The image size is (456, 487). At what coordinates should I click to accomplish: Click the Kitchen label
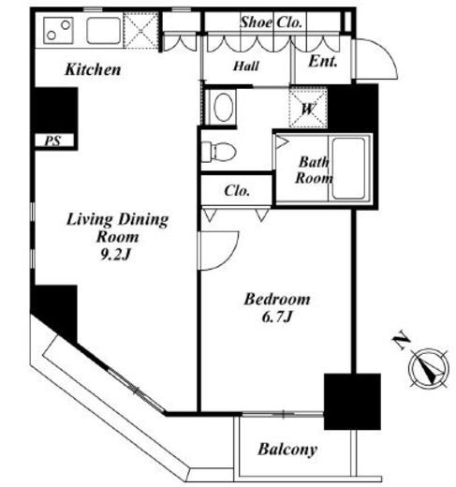[93, 69]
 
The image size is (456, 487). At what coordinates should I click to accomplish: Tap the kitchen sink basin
[104, 30]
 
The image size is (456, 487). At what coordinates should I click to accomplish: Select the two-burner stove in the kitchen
[58, 30]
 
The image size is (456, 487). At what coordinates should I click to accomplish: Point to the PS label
[52, 140]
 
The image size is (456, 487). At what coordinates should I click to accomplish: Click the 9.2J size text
[114, 255]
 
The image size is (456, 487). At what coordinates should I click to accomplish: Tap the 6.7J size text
[277, 317]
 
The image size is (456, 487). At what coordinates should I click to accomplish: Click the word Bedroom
[277, 299]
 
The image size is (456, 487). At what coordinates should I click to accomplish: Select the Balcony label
[287, 450]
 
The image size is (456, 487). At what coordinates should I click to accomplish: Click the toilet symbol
[218, 152]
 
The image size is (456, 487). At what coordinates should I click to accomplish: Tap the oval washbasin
[224, 107]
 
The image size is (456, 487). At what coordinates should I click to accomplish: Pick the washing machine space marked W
[308, 109]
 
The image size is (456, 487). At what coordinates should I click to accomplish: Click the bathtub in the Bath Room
[348, 169]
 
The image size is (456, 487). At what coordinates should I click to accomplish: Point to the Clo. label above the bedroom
[237, 190]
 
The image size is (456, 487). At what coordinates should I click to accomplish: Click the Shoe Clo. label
[271, 22]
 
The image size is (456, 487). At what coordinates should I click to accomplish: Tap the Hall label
[246, 66]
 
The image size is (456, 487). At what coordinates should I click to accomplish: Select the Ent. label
[323, 61]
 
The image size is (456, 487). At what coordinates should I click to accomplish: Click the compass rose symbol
[429, 368]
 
